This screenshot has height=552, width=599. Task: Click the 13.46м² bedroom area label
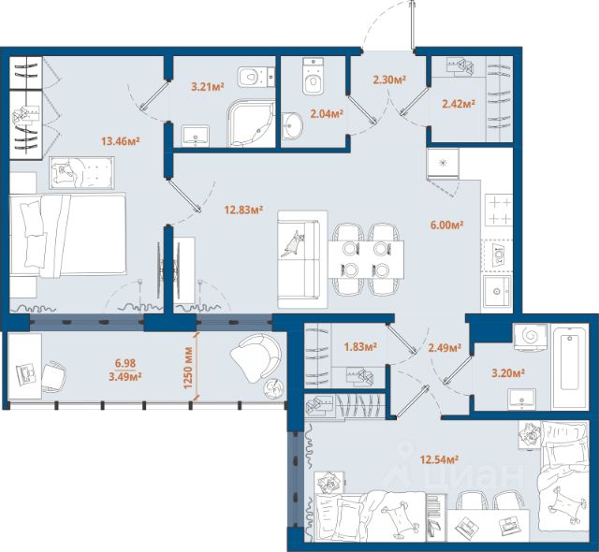[120, 141]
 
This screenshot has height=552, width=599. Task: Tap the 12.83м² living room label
[243, 210]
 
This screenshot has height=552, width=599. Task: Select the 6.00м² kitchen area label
[447, 225]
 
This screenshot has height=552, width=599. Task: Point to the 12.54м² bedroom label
[439, 459]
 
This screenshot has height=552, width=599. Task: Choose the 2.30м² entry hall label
[389, 80]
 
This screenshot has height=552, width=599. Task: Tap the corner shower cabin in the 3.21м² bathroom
[252, 123]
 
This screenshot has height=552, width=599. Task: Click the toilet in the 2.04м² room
[314, 76]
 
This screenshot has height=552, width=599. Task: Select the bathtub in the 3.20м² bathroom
[570, 368]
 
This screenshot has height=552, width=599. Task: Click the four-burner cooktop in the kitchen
[499, 210]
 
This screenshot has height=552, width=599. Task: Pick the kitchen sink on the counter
[497, 291]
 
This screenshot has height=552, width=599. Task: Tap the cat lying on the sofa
[293, 243]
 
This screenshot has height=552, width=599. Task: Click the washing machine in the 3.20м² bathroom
[530, 337]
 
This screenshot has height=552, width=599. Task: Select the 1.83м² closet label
[360, 346]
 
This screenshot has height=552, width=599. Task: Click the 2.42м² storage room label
[459, 104]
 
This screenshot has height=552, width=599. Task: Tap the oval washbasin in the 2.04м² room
[293, 124]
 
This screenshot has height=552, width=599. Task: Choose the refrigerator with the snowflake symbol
[443, 164]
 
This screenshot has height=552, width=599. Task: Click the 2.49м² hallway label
[445, 348]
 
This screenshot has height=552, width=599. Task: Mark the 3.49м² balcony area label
[125, 377]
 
